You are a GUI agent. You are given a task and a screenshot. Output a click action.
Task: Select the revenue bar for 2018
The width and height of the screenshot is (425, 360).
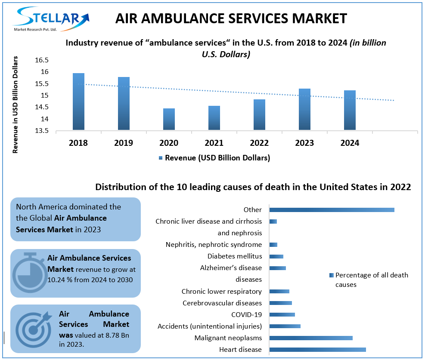[78, 102]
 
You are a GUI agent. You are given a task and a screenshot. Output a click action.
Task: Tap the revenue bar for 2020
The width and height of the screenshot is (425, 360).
[169, 119]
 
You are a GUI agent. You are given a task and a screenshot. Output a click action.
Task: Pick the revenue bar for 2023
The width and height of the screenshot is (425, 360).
[304, 109]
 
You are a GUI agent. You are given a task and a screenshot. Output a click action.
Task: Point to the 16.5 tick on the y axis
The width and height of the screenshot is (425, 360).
[42, 60]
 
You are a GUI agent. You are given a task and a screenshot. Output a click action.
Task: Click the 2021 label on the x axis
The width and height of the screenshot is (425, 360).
[214, 143]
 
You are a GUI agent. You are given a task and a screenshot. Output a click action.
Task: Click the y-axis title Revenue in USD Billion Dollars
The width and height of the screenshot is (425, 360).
[16, 105]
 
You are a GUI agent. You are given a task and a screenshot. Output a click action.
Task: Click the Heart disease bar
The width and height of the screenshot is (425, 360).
[317, 350]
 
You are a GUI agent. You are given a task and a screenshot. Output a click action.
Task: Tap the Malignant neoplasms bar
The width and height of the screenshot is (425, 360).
[311, 338]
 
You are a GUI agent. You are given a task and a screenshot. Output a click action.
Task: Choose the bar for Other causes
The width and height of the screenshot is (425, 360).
[332, 210]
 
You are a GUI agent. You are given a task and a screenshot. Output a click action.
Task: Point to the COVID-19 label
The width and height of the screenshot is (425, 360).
[246, 314]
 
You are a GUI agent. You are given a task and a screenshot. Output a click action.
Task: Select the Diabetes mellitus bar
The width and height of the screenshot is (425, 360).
[276, 256]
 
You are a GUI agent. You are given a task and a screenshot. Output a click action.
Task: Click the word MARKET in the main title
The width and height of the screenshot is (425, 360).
[316, 18]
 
